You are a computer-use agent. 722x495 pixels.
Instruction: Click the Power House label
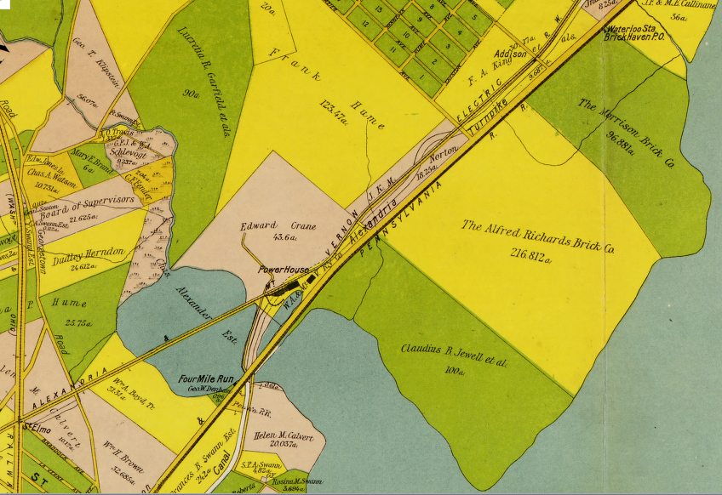pos(284,269)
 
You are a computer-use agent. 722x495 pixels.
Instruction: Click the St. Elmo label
pos(33,426)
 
